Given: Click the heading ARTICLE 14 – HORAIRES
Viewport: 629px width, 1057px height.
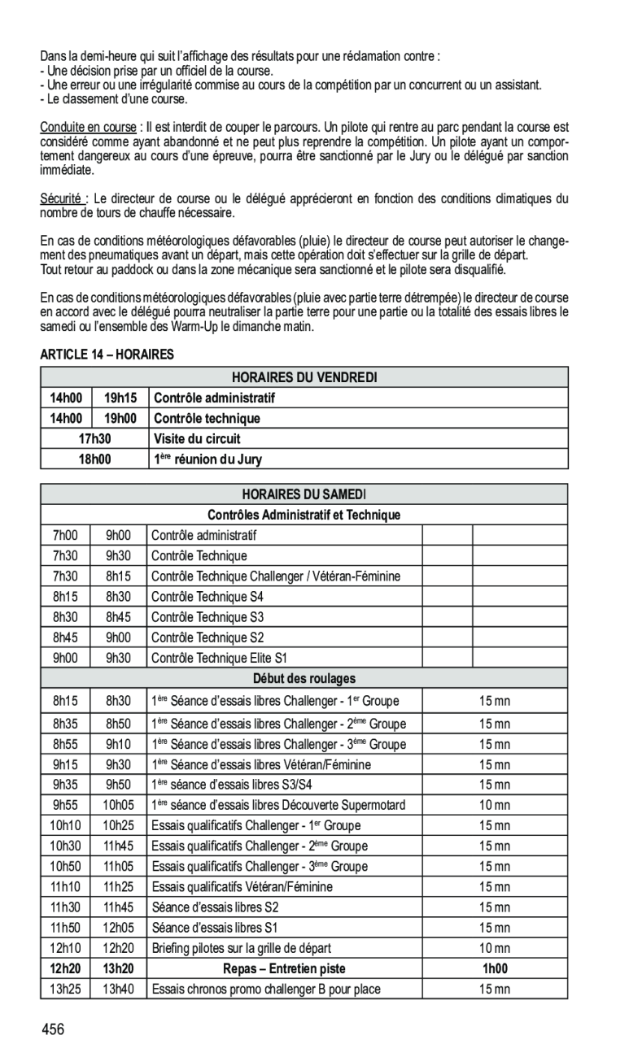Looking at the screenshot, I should [107, 355].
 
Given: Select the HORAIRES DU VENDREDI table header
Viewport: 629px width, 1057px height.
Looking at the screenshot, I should [304, 377].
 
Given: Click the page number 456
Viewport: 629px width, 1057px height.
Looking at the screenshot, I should [55, 1030].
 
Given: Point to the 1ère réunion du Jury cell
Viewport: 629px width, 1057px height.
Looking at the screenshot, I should [208, 459].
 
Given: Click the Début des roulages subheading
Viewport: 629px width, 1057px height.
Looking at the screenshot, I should [304, 678].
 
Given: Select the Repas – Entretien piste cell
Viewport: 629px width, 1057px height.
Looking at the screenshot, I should [284, 968].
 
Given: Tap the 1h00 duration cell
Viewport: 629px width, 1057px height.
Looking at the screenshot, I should [494, 968].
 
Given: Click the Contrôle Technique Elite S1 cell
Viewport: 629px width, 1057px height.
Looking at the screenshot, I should [219, 658].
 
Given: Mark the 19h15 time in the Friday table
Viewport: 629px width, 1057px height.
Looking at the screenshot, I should [120, 398].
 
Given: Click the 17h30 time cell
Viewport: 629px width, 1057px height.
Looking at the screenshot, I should [94, 439].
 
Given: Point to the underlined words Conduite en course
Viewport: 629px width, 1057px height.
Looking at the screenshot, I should [89, 128].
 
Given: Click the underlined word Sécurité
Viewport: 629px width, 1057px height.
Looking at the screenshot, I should [62, 199].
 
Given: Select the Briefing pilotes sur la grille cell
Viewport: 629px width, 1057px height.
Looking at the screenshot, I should [241, 948].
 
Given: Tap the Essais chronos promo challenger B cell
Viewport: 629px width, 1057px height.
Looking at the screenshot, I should [265, 989].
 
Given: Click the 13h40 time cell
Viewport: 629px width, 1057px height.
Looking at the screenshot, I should [119, 989].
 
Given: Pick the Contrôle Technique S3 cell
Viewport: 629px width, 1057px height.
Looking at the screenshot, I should [207, 617].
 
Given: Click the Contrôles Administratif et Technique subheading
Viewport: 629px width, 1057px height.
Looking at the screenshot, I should [304, 515].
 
